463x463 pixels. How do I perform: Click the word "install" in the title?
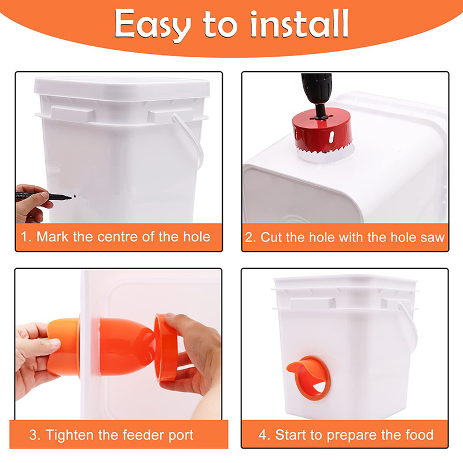[x=299, y=23]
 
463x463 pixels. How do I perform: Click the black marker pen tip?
[x=70, y=197]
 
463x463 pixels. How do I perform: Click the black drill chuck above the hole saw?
[x=317, y=91]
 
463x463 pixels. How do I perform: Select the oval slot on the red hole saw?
[x=331, y=137]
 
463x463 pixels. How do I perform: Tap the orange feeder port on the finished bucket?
[x=309, y=377]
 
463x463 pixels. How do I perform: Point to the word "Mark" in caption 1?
[x=53, y=237]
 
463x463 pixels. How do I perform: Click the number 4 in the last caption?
[x=263, y=435]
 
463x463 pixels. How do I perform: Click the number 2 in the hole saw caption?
[x=249, y=238]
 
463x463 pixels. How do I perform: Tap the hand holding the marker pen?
[x=32, y=203]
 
